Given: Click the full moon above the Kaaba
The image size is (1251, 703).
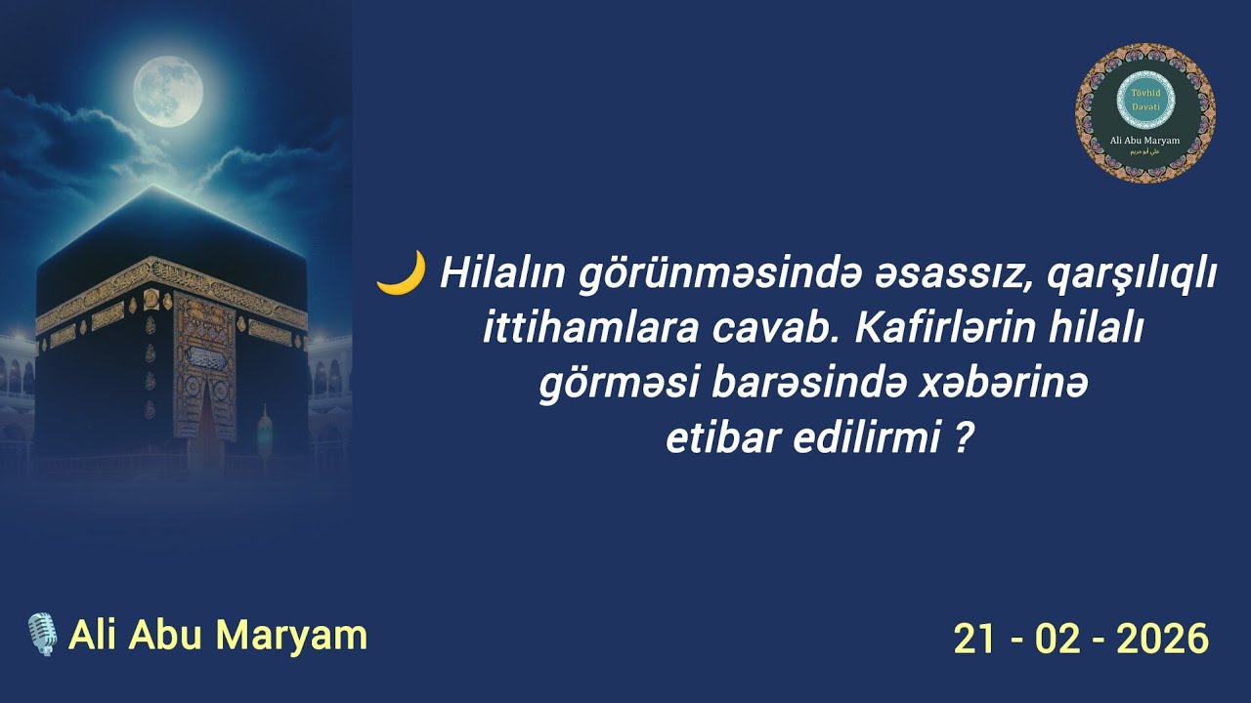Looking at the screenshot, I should click(x=168, y=92).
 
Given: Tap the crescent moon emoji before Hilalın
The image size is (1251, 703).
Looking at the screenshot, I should click(x=401, y=273).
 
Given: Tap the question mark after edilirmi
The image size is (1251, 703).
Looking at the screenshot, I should click(x=964, y=439).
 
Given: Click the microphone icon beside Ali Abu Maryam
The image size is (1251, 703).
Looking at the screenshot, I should click(x=41, y=635).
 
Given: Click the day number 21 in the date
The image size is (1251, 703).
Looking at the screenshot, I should click(x=974, y=640).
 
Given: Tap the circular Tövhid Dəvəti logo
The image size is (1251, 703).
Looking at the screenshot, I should click(x=1144, y=113).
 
